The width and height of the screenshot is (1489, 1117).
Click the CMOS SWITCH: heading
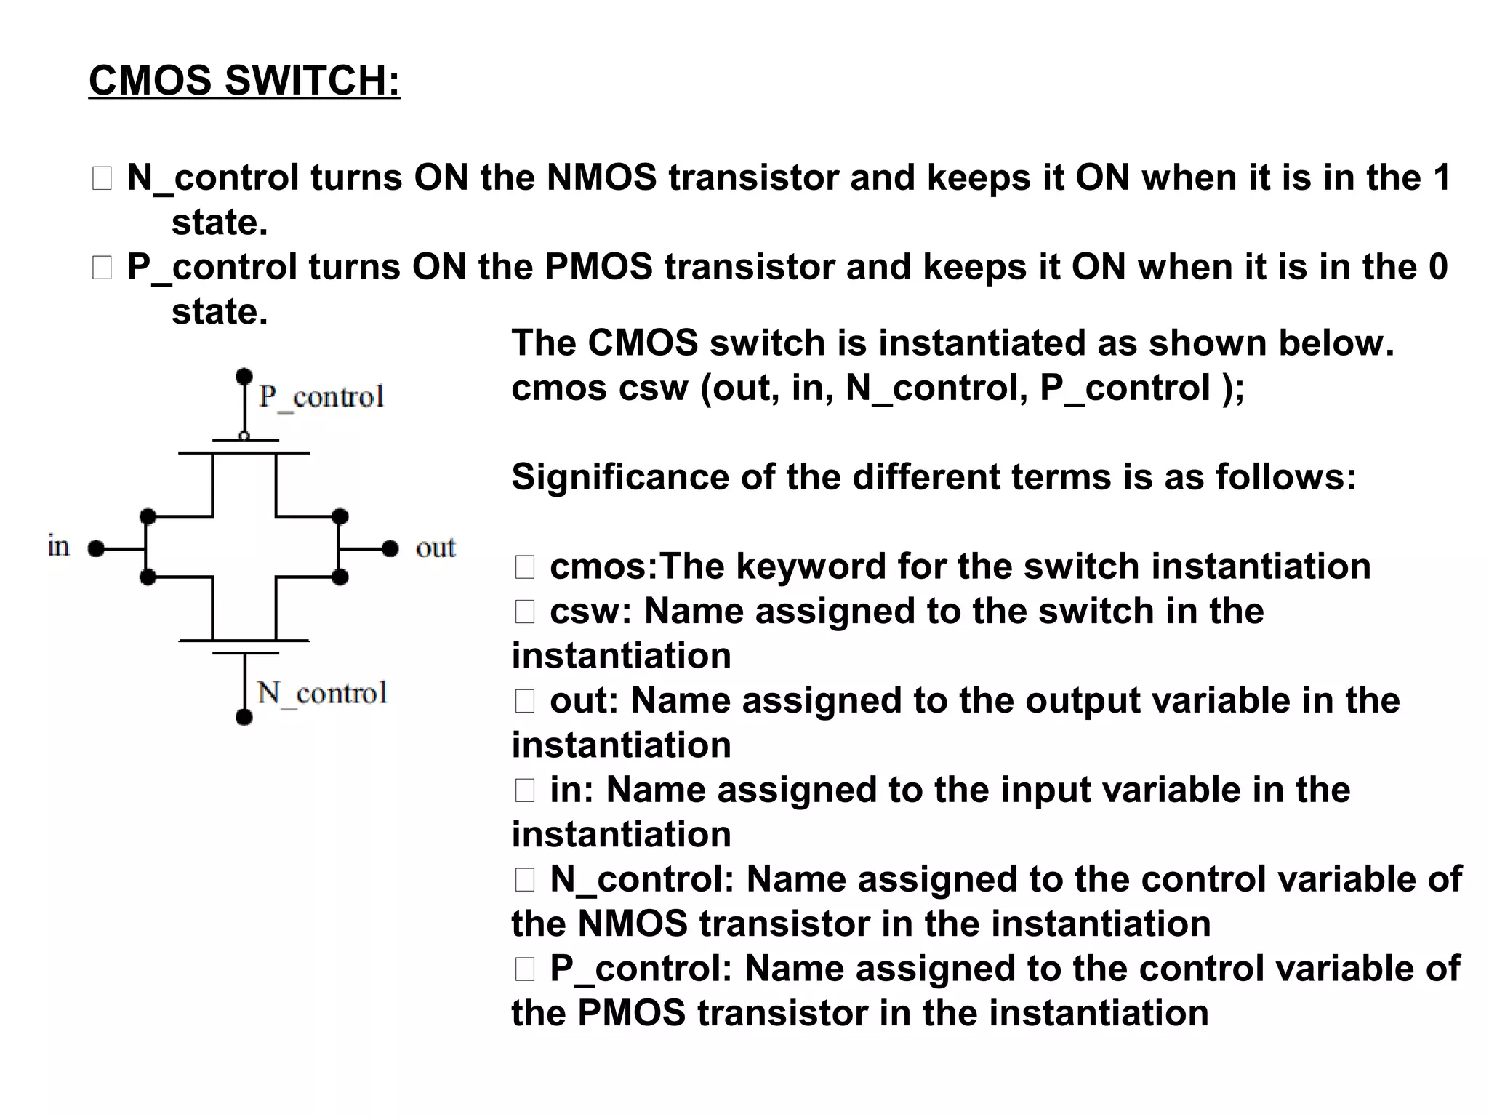tap(244, 80)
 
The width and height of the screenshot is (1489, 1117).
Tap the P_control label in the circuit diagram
tap(321, 397)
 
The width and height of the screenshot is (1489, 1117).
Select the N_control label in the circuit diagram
tap(322, 693)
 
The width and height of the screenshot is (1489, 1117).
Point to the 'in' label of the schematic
tap(59, 545)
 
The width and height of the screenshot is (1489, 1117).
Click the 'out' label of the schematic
tap(436, 548)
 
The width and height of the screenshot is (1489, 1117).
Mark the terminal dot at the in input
tap(95, 548)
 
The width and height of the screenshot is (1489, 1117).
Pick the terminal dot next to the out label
tap(390, 548)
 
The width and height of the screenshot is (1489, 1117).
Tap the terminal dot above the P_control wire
tap(244, 376)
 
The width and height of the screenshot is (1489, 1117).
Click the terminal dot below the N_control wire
tap(244, 718)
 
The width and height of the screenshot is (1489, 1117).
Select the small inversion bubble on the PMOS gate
tap(244, 436)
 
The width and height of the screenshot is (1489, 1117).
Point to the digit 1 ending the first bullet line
tap(1441, 177)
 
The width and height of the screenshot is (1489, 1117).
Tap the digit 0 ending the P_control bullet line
tap(1438, 267)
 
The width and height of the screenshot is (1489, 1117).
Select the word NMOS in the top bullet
tap(601, 177)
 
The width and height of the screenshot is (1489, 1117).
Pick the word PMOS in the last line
tap(631, 1013)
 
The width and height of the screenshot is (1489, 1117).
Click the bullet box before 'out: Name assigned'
tap(525, 701)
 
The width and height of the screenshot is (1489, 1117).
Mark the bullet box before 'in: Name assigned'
tap(525, 790)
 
